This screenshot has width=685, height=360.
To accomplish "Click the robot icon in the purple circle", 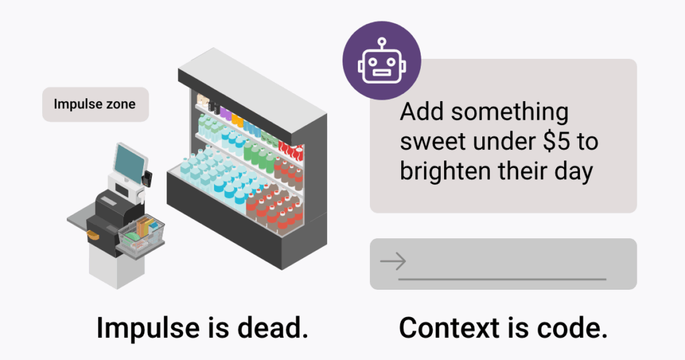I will (381, 60).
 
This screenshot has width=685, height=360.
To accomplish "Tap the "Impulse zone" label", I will (94, 104).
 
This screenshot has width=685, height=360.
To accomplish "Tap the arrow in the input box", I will (393, 261).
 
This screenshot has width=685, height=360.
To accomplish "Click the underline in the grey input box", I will (502, 278).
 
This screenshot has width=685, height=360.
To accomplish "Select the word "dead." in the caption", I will (274, 329).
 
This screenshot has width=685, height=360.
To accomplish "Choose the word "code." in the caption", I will (573, 329).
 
